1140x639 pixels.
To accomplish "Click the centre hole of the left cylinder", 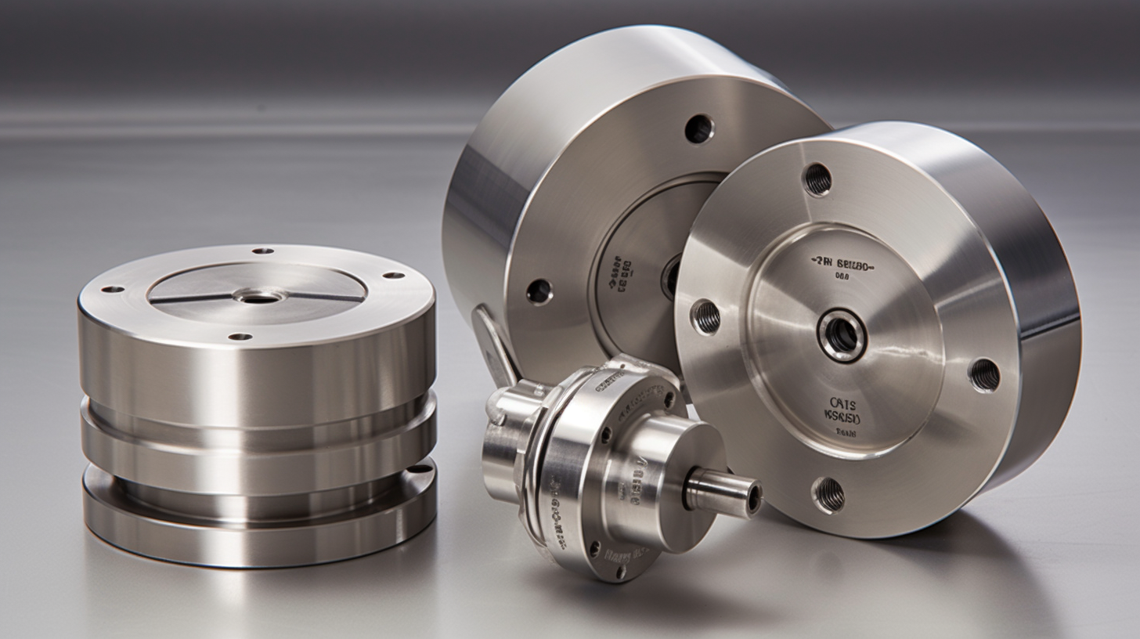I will (x=260, y=297).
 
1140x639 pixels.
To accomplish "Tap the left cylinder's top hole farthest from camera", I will (x=263, y=251).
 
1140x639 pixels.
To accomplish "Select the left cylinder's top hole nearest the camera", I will (x=240, y=337).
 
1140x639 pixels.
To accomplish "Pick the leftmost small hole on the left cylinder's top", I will (x=113, y=289).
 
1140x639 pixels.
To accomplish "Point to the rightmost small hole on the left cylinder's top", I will (x=394, y=276).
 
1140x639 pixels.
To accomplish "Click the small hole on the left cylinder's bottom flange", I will (x=420, y=469).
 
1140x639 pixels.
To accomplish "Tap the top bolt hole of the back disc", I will (x=699, y=128).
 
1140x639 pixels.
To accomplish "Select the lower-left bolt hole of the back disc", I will (x=539, y=291).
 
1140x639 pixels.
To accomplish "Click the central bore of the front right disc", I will (x=842, y=335).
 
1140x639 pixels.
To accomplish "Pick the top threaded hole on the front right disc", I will (x=817, y=179).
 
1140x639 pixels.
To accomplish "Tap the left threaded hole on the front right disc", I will (x=705, y=316).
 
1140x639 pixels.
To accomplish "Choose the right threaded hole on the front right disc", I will (x=984, y=374).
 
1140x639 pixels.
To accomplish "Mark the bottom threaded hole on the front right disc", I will (x=828, y=494).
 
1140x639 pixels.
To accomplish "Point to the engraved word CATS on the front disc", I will (x=842, y=404).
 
